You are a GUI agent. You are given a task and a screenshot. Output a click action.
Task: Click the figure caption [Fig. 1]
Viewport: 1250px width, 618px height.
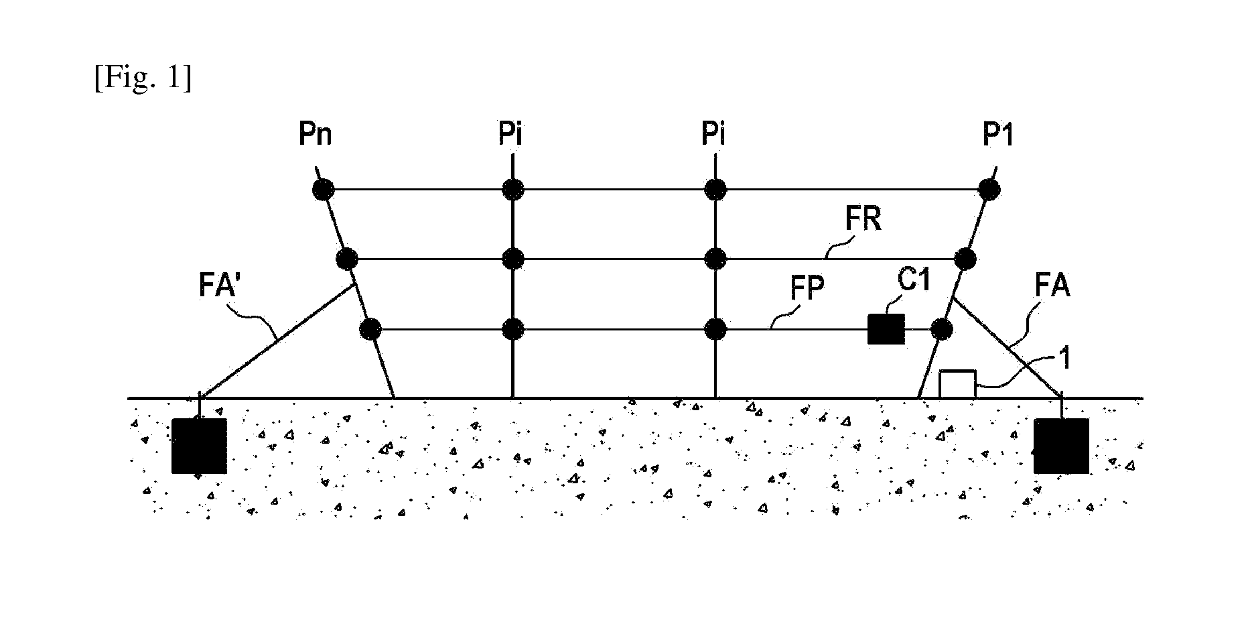tap(143, 79)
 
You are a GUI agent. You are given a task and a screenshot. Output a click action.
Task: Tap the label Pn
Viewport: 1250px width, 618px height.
tap(316, 135)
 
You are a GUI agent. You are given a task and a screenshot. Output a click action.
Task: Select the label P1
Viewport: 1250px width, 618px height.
tap(998, 135)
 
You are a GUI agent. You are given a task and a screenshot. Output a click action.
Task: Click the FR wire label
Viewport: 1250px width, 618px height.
tap(863, 220)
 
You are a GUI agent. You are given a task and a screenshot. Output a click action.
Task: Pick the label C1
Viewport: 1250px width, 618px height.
tap(914, 280)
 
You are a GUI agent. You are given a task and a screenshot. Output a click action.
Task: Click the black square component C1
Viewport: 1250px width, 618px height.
tap(886, 329)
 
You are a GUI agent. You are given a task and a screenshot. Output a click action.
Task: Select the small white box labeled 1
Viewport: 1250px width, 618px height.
tap(957, 385)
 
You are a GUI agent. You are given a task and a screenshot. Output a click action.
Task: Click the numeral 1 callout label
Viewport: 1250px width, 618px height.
tap(1064, 359)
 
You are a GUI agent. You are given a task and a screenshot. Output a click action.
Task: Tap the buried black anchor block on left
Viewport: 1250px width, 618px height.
tap(199, 446)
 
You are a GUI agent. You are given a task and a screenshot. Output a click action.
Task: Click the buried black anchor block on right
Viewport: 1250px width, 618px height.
tap(1061, 446)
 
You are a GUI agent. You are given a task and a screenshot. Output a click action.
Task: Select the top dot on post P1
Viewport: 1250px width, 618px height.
tap(989, 190)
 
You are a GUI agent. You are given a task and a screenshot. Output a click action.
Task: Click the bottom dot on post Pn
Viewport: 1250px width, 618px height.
tap(370, 329)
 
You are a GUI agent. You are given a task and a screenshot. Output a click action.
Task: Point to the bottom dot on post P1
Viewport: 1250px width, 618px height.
tap(942, 329)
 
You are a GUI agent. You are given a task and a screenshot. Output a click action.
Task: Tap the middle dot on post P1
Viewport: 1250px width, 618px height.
tap(965, 259)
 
